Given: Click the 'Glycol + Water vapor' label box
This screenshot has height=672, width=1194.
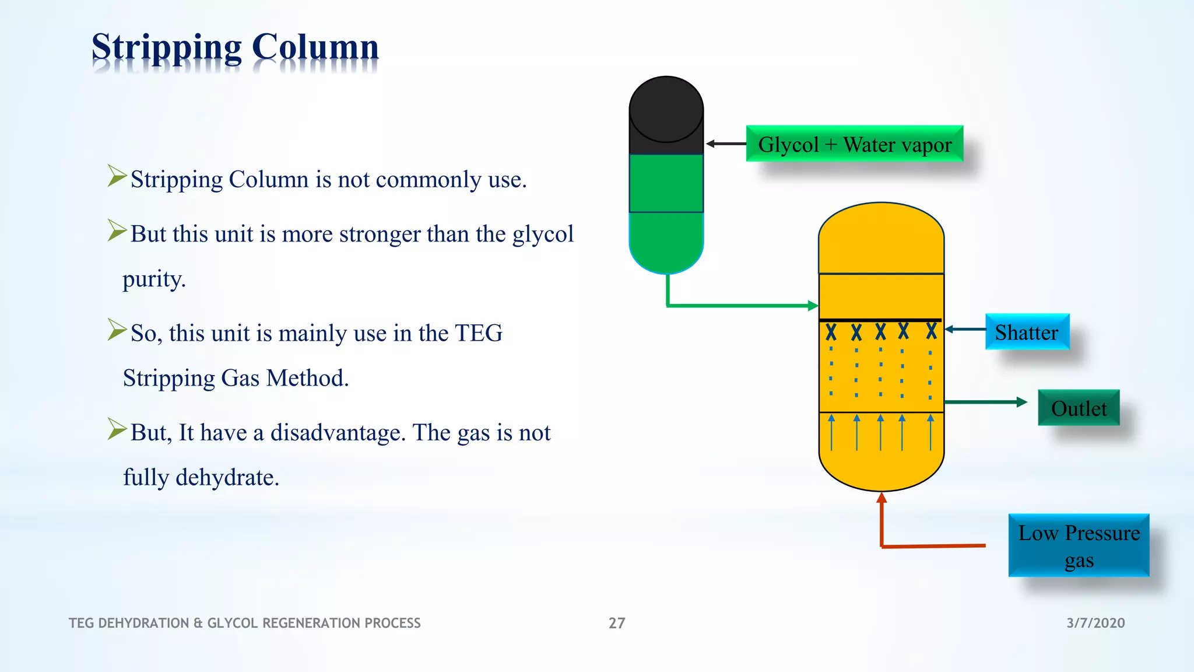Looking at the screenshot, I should [x=854, y=143].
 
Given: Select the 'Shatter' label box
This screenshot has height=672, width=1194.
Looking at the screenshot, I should [x=1027, y=332].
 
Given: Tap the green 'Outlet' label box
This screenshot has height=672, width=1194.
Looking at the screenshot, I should [x=1079, y=408].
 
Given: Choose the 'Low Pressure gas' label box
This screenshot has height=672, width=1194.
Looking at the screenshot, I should [x=1079, y=545].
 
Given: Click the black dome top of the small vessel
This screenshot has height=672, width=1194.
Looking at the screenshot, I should [x=666, y=108].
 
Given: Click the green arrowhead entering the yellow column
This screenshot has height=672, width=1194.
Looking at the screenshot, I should [x=813, y=305].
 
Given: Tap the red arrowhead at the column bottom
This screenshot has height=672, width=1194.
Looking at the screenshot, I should [x=882, y=498].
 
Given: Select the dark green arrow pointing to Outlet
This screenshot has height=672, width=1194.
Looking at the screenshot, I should [x=985, y=402].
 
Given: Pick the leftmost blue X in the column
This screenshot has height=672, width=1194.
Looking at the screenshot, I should [x=831, y=332].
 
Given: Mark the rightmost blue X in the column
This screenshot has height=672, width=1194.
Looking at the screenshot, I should [x=932, y=331].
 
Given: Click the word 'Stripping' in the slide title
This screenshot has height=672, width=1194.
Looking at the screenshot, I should [x=166, y=48].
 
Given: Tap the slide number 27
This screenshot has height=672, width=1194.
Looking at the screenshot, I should [x=617, y=623].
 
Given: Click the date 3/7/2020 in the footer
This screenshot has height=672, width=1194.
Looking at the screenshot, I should [x=1095, y=623].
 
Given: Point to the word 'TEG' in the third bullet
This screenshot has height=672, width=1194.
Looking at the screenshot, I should [x=478, y=333].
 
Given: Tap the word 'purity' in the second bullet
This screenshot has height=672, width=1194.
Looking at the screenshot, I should [x=153, y=279].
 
